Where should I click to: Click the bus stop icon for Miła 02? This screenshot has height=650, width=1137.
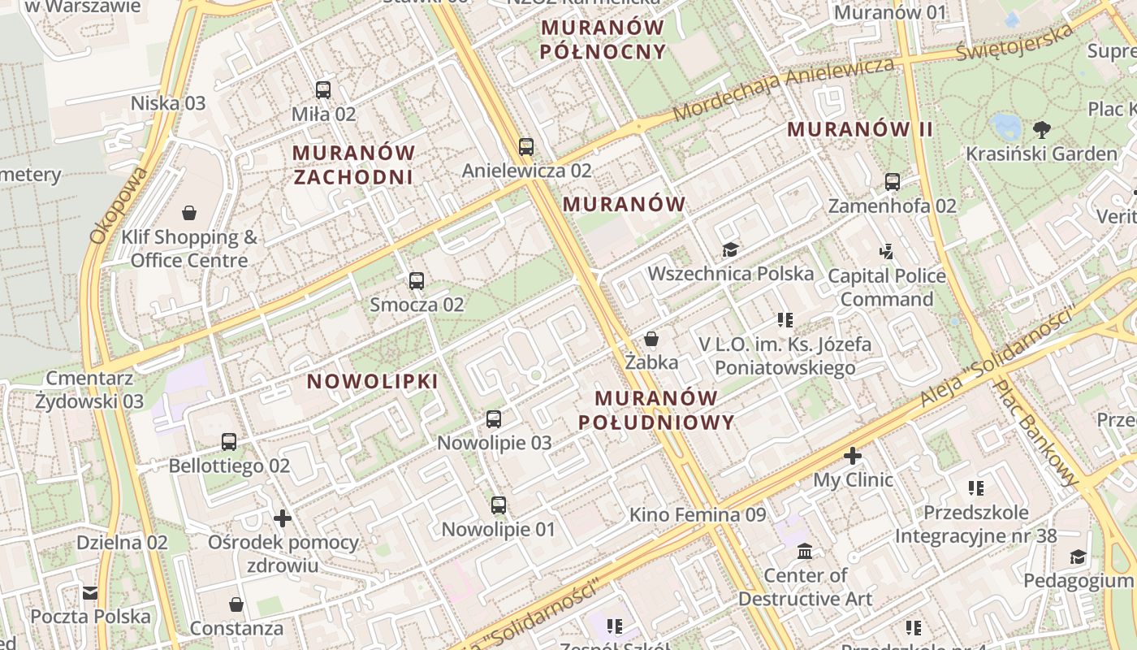click(x=323, y=90)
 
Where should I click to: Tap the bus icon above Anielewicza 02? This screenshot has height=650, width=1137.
click(x=526, y=147)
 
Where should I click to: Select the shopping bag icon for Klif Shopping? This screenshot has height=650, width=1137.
click(x=189, y=213)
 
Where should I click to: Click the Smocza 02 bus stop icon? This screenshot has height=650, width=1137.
click(x=417, y=281)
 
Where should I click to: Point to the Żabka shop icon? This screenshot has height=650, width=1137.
click(x=651, y=339)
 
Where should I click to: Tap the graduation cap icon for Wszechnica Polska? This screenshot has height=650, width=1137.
click(x=730, y=249)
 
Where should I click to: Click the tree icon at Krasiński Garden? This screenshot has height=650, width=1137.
click(x=1041, y=129)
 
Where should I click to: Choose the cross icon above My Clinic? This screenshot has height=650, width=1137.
click(x=852, y=456)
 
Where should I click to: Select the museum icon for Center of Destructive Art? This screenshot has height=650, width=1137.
click(x=805, y=552)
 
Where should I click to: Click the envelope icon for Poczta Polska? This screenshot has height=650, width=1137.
click(x=90, y=593)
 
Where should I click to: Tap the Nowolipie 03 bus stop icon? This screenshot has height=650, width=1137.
click(x=494, y=419)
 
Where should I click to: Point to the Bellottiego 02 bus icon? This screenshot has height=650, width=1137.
click(x=229, y=442)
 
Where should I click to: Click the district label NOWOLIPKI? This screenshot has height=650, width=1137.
click(x=373, y=381)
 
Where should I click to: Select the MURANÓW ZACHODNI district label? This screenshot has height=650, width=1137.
click(x=353, y=165)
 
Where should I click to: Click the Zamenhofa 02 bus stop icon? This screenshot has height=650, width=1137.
click(x=893, y=182)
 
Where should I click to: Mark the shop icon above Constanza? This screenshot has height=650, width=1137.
click(x=236, y=604)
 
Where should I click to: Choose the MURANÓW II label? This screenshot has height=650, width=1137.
click(x=860, y=129)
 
